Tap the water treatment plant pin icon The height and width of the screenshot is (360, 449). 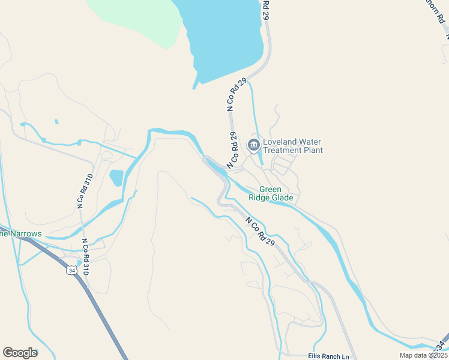253,145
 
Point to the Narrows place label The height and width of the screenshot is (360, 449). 20,233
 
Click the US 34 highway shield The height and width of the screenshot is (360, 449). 71,270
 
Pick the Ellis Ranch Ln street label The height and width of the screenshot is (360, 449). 328,356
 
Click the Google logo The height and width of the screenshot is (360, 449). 20,353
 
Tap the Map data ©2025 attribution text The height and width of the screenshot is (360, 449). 423,355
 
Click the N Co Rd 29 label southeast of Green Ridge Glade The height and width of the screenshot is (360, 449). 259,231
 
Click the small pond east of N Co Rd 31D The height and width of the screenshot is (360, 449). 116,178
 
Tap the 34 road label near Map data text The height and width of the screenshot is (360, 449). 441,345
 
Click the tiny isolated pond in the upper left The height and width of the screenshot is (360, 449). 56,122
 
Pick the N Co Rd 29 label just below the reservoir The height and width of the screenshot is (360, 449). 237,95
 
